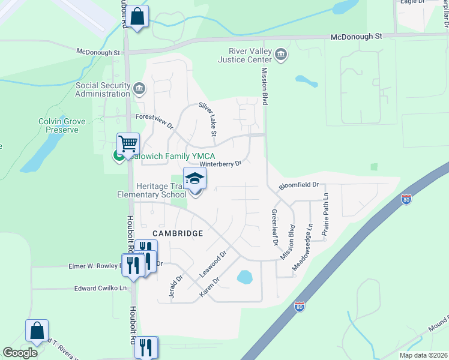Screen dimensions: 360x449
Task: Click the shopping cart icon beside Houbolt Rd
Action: click(128, 144)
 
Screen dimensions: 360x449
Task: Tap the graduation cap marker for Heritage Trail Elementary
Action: click(195, 178)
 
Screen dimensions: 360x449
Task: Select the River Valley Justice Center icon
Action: click(280, 56)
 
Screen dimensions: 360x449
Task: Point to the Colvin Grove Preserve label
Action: click(62, 125)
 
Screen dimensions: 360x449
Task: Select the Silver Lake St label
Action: click(207, 119)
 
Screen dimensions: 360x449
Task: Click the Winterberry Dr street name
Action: click(220, 163)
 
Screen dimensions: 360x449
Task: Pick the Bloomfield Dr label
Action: click(298, 187)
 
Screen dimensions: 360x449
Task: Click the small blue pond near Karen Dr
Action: click(244, 277)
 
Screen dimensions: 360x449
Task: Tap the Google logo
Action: click(20, 353)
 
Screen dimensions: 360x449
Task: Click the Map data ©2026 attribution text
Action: click(423, 355)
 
